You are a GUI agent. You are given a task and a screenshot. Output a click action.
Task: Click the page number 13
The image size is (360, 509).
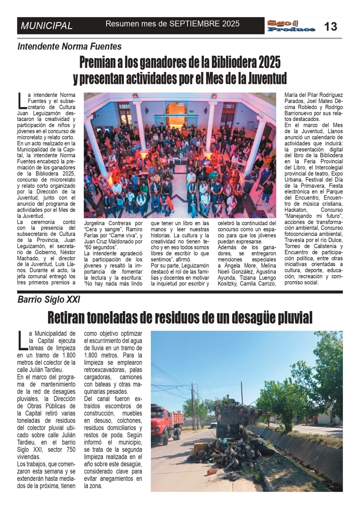tap(330, 26)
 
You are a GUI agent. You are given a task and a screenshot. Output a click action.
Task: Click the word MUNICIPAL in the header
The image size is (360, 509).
tap(47, 26)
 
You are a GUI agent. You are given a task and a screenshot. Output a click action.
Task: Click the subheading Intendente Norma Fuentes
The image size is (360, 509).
tap(70, 46)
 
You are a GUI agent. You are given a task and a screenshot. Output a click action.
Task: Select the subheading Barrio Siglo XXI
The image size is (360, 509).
tap(49, 300)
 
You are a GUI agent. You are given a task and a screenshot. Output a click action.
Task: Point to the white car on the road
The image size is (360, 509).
tap(214, 424)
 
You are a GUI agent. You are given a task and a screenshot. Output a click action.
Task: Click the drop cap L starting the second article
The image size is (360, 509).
tap(22, 340)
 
